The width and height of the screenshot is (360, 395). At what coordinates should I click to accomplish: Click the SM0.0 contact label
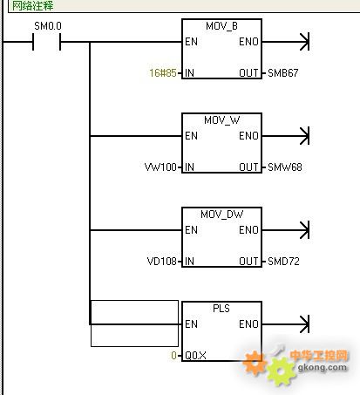click(48, 26)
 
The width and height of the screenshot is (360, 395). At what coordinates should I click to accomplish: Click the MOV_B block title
click(221, 26)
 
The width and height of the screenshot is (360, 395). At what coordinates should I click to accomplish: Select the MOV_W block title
click(222, 120)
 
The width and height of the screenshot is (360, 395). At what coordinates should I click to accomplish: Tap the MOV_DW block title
click(222, 215)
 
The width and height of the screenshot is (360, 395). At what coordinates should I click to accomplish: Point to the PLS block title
click(221, 309)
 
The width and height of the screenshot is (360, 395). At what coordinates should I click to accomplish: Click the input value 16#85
click(163, 73)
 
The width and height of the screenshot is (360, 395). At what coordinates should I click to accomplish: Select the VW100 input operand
click(160, 167)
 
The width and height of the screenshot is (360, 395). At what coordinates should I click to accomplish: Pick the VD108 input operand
click(162, 262)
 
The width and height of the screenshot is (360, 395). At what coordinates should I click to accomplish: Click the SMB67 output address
click(283, 73)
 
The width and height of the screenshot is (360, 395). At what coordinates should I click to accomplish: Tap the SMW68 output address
click(285, 167)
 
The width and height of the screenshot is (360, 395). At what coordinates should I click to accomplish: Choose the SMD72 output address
click(283, 262)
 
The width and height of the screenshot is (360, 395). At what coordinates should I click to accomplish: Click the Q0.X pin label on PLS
click(195, 356)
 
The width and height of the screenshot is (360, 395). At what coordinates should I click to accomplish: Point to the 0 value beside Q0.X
click(173, 356)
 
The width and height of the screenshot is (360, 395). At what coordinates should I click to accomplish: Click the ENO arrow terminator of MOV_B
click(305, 42)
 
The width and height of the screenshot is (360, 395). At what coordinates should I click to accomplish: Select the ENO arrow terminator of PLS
click(305, 324)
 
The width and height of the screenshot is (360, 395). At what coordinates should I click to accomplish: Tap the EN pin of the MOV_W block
click(191, 136)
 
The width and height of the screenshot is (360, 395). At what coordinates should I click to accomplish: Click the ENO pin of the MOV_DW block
click(248, 230)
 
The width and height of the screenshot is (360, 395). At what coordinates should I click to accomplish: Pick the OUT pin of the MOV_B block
click(248, 73)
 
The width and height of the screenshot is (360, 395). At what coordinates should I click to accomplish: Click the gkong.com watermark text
click(323, 367)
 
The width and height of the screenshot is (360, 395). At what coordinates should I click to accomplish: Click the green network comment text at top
click(32, 6)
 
